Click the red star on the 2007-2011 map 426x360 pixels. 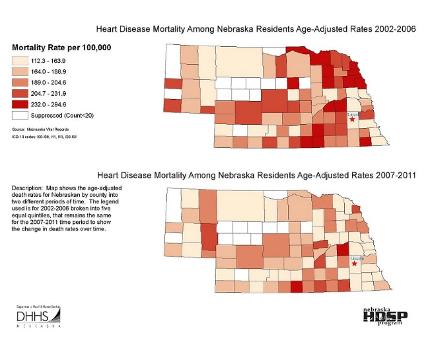click(354, 264)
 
